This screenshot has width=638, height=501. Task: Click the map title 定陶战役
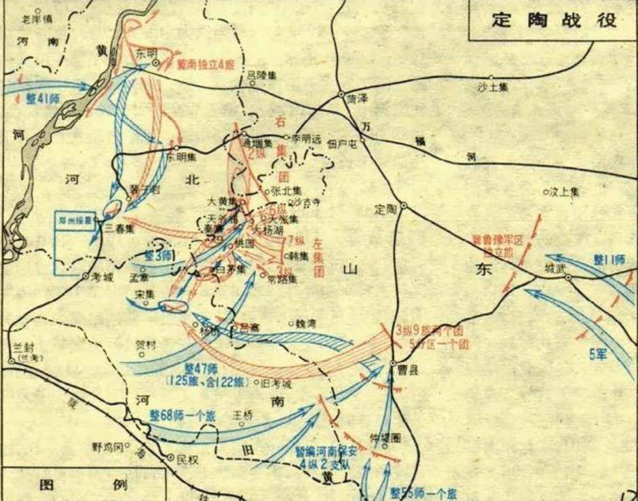point(554,20)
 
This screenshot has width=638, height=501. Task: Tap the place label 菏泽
point(356,99)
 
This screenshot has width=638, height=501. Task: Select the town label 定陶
point(386,210)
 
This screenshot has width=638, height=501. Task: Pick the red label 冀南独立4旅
point(204,67)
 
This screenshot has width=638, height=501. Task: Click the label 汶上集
point(565,192)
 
